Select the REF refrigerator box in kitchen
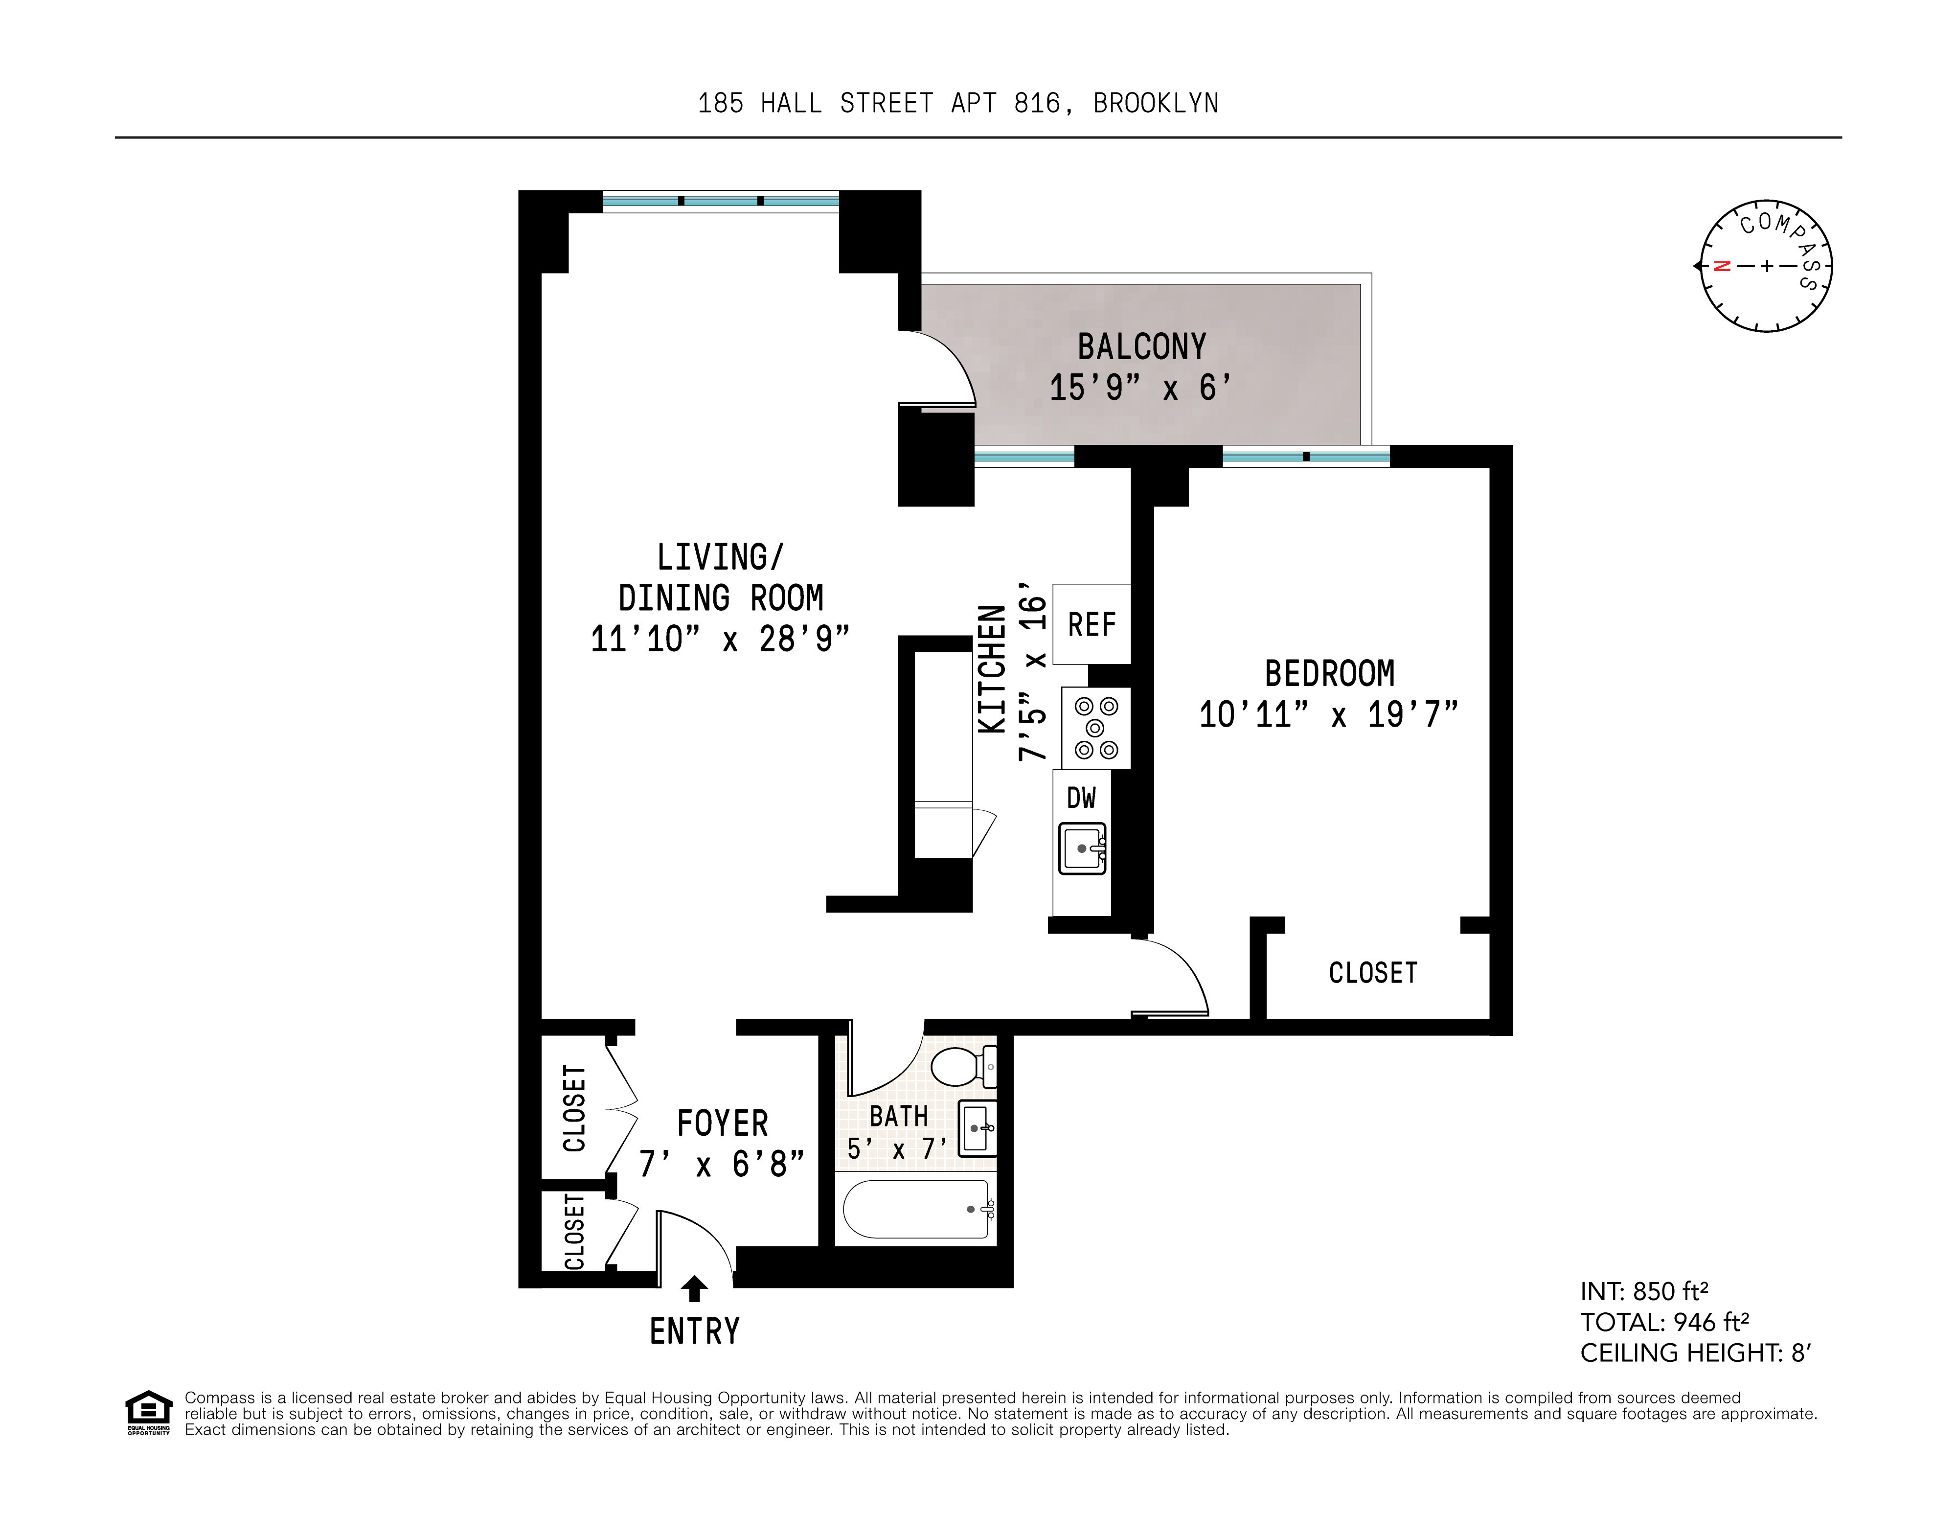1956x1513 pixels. coord(1091,624)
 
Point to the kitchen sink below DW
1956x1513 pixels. coord(1082,848)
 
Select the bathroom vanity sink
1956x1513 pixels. coord(976,1129)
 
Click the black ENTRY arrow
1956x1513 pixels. coord(694,1288)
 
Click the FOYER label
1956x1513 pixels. coord(722,1123)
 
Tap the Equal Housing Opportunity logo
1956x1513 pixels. coord(148,1413)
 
